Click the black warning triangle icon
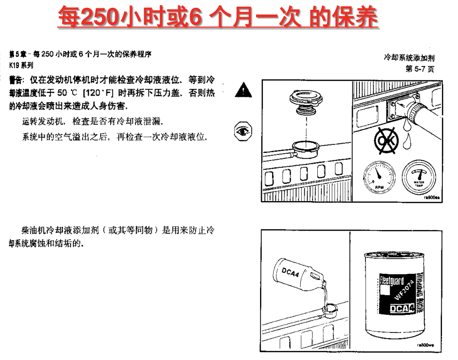(x=243, y=90)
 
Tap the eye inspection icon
(x=243, y=131)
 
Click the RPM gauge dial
(x=380, y=177)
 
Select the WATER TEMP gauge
(x=419, y=177)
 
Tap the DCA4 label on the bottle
(x=290, y=273)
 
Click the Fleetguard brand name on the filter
(x=392, y=281)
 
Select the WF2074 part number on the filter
(x=404, y=290)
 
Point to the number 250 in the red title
(x=100, y=17)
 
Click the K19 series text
(x=21, y=65)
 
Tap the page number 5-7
(x=420, y=69)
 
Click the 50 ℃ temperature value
(x=67, y=93)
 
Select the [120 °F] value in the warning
(x=98, y=93)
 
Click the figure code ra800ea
(x=432, y=197)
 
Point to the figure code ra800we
(x=426, y=345)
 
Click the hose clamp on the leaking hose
(x=414, y=112)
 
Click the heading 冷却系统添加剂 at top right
(x=409, y=58)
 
